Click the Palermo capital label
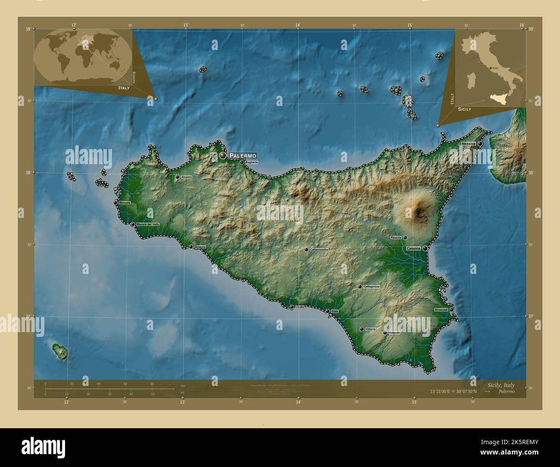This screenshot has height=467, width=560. [243, 156]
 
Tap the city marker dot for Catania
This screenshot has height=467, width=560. [425, 248]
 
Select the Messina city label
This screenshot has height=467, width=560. [468, 143]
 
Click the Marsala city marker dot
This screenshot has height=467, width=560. [115, 202]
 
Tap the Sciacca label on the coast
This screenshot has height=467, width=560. [200, 247]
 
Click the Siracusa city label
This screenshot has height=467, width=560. [441, 310]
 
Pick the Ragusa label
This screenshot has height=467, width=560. [394, 333]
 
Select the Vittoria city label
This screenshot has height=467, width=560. [370, 329]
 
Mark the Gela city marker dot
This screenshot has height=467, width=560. [327, 311]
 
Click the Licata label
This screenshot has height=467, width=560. [300, 307]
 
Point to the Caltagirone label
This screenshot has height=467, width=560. [371, 286]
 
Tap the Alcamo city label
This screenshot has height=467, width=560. [187, 177]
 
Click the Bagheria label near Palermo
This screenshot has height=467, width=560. [252, 162]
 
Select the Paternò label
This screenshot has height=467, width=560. [396, 237]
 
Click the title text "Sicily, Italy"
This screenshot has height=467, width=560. [501, 385]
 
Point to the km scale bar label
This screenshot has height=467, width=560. [183, 385]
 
